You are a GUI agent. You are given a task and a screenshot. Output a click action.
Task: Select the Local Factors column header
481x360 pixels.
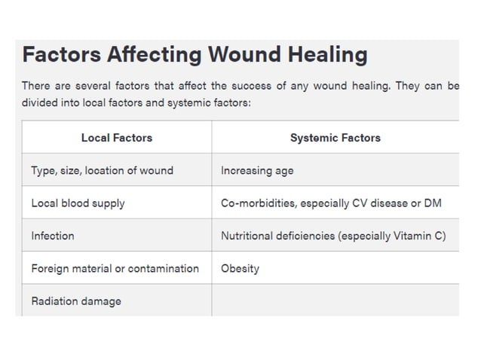[117, 138]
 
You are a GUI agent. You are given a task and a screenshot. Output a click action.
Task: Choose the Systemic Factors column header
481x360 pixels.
[335, 138]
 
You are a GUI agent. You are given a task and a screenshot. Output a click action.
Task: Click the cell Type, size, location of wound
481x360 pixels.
[102, 170]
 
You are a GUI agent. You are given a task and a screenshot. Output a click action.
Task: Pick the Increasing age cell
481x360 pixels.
[257, 170]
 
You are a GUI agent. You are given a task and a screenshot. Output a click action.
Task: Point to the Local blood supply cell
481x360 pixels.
[78, 203]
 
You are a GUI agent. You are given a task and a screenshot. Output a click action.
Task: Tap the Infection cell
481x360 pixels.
[53, 236]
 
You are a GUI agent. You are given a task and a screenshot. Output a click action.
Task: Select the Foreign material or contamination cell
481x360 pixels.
[115, 268]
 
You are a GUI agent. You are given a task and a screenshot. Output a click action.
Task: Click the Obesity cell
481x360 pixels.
[240, 268]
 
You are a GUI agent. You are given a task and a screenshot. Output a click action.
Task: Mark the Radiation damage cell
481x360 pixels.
[76, 301]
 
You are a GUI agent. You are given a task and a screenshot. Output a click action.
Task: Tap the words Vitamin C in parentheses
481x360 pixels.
[418, 236]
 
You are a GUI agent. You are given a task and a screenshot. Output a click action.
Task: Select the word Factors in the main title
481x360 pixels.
[60, 55]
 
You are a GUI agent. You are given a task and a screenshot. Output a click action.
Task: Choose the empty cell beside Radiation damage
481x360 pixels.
[335, 301]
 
